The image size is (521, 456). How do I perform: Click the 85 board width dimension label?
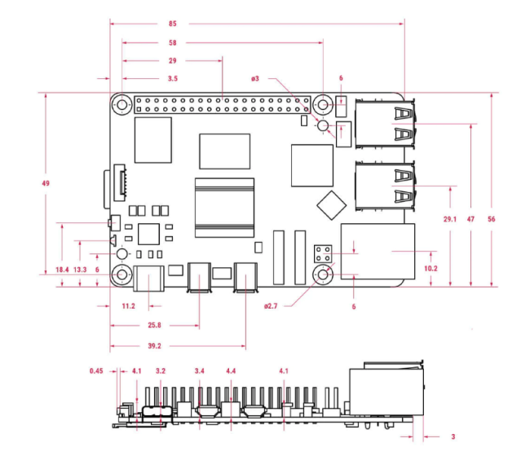tap(173, 24)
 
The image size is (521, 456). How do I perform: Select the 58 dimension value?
tap(173, 42)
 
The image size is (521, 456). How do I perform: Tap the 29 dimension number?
tap(173, 61)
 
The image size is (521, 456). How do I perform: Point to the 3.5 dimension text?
tap(173, 79)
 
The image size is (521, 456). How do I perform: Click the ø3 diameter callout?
tap(255, 79)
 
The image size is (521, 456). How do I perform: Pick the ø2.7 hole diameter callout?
tap(271, 306)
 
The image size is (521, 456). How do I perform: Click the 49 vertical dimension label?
tap(46, 183)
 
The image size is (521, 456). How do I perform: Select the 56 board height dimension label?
tap(492, 219)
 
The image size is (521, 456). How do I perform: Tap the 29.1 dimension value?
tap(450, 219)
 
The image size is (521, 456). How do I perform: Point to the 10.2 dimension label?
tap(430, 268)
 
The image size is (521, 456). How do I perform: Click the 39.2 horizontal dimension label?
tap(154, 346)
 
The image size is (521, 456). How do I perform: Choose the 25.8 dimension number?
tap(154, 325)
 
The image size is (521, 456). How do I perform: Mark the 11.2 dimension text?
tap(129, 306)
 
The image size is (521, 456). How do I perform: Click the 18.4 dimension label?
tap(62, 270)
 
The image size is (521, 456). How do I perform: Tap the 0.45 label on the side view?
tap(96, 370)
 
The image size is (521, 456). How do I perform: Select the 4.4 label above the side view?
tap(231, 370)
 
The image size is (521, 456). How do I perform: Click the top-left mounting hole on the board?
tap(122, 104)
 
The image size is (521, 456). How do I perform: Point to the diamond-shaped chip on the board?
tap(331, 205)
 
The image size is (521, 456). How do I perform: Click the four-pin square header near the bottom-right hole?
tap(323, 253)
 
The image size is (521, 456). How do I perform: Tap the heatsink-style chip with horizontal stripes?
tap(224, 208)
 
